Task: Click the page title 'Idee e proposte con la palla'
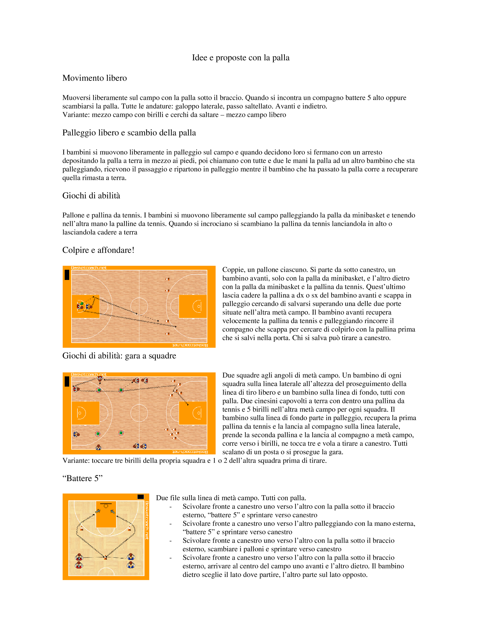click(x=241, y=58)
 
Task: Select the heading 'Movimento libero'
click(x=94, y=78)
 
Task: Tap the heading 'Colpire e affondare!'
click(x=98, y=250)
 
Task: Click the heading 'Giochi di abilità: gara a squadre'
click(x=119, y=356)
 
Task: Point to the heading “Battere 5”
click(x=82, y=478)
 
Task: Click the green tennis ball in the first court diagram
click(x=82, y=303)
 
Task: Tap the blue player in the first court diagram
click(x=88, y=307)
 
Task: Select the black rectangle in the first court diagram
click(x=67, y=275)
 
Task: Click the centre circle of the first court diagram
click(x=139, y=306)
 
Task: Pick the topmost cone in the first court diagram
click(x=167, y=279)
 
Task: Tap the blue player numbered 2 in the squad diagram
click(x=98, y=447)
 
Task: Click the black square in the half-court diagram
click(x=140, y=497)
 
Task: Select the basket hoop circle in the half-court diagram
click(x=106, y=506)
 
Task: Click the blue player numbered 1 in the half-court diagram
click(x=131, y=556)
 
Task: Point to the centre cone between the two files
click(x=106, y=557)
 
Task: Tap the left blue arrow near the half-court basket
click(x=98, y=511)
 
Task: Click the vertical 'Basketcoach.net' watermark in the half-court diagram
click(x=147, y=520)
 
